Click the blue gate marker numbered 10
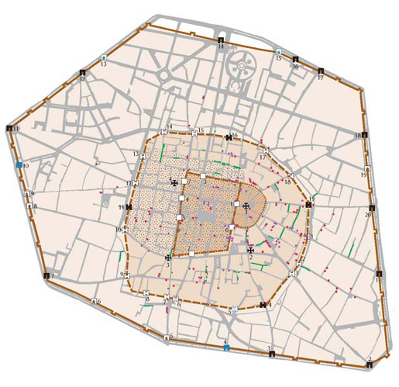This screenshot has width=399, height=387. click(19, 165)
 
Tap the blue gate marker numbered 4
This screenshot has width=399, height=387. click(226, 347)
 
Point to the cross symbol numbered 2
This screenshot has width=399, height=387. click(251, 250)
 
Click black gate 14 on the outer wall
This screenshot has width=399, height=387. click(221, 40)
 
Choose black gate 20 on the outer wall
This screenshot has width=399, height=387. click(373, 208)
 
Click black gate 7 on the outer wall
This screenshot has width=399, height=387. click(52, 277)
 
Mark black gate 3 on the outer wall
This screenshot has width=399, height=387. click(271, 354)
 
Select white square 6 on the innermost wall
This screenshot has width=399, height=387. click(232, 227)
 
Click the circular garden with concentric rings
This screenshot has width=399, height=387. click(242, 68)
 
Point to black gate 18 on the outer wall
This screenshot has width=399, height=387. click(363, 135)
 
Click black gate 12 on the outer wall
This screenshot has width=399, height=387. click(81, 72)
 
